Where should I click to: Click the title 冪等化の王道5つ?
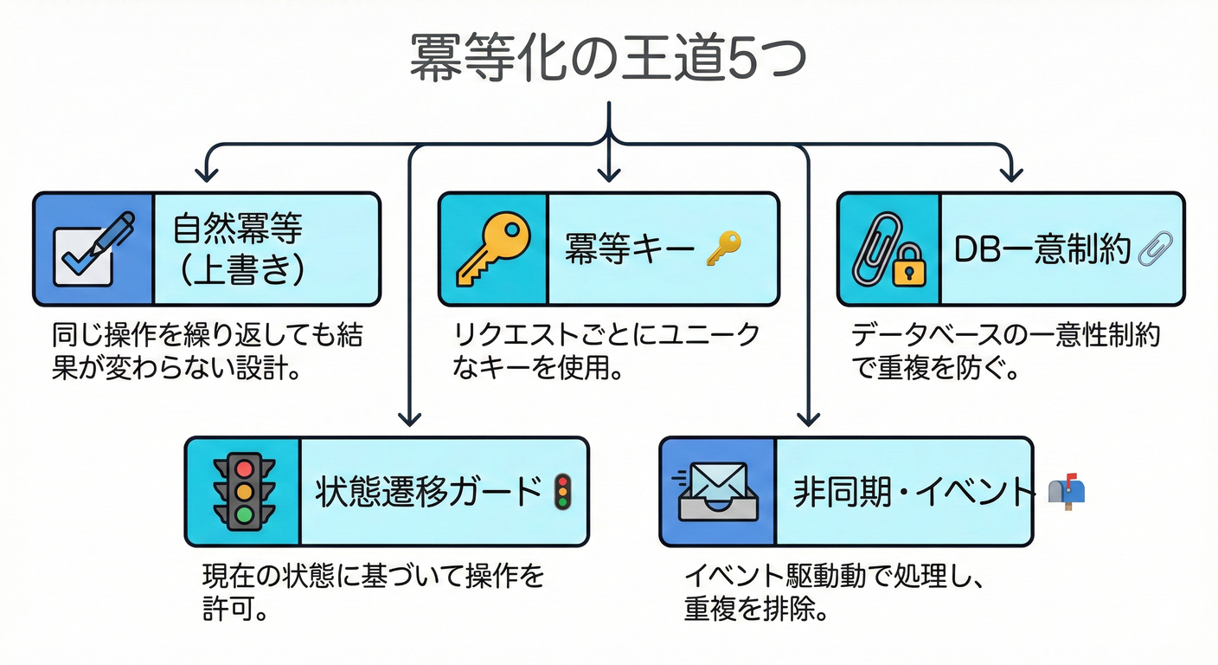pyautogui.click(x=608, y=59)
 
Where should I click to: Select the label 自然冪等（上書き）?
pyautogui.click(x=239, y=249)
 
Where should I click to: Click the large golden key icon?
pyautogui.click(x=491, y=249)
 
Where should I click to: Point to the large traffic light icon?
pyautogui.click(x=244, y=492)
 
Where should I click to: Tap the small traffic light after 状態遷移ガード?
pyautogui.click(x=563, y=492)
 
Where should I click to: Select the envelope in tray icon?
pyautogui.click(x=716, y=492)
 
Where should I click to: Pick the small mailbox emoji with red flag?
pyautogui.click(x=1066, y=492)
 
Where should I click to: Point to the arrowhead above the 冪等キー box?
pyautogui.click(x=610, y=173)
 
